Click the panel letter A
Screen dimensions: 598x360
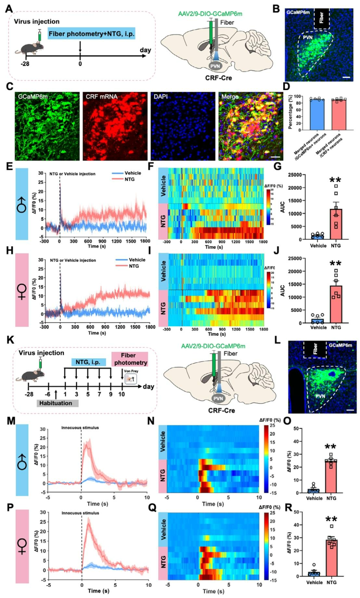coord(9,8)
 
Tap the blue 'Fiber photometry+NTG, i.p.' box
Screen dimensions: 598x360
coord(91,34)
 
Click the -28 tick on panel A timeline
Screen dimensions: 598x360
coord(25,64)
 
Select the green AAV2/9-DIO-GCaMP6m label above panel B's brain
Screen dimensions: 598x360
coord(210,14)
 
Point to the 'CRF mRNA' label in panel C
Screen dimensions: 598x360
coord(101,97)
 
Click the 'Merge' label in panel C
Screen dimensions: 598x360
coord(230,97)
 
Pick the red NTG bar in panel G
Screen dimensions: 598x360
coord(336,224)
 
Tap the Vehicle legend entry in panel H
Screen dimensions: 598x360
coord(131,260)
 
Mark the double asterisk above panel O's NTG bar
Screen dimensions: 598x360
coord(331,447)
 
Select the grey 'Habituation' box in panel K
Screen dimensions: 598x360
coord(56,403)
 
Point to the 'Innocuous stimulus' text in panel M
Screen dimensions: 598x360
coord(80,428)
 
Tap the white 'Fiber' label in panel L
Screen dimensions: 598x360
coord(315,349)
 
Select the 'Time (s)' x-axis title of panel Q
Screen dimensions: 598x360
coord(213,591)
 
